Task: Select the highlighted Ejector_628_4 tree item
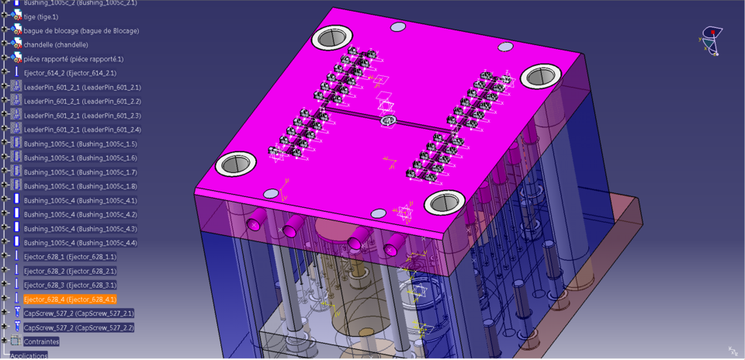[x=70, y=299]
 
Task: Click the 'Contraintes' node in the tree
[x=41, y=341]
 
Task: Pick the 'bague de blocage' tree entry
[x=81, y=31]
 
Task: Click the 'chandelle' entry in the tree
[x=56, y=45]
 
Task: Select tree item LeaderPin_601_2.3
[x=82, y=116]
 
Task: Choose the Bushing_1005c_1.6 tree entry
[x=80, y=158]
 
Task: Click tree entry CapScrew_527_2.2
[x=78, y=327]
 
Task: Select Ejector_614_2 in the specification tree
[x=70, y=73]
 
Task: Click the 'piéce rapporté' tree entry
[x=73, y=59]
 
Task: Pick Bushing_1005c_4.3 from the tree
[x=80, y=229]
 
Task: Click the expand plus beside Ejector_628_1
[x=5, y=257]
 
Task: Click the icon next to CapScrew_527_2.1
[x=16, y=313]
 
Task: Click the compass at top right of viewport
[x=711, y=39]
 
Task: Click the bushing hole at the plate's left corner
[x=236, y=164]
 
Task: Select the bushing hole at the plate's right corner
[x=540, y=76]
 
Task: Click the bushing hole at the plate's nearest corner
[x=444, y=203]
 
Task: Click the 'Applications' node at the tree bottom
[x=29, y=355]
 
